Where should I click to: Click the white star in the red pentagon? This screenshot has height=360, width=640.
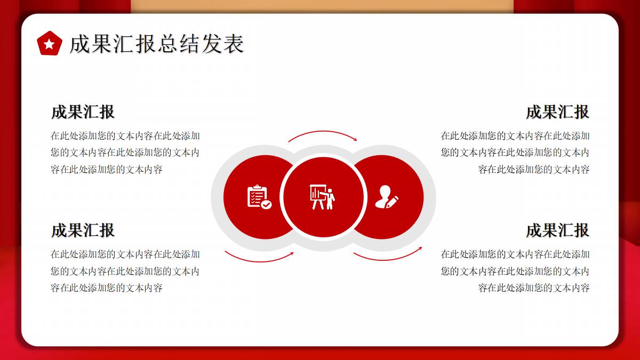[x=49, y=44]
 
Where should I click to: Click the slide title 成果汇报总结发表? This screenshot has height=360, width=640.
[x=157, y=44]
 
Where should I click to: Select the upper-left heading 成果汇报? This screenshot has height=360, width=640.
[x=83, y=111]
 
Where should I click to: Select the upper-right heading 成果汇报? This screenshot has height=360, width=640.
[x=557, y=111]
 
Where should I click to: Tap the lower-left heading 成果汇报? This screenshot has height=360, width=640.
[x=83, y=230]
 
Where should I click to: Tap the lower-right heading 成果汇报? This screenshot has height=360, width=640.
[x=557, y=230]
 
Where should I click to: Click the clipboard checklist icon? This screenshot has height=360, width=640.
[x=259, y=197]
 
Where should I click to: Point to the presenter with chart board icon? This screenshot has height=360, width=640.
[x=323, y=197]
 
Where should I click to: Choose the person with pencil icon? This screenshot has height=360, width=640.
[x=387, y=197]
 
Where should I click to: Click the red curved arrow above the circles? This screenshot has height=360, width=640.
[x=323, y=131]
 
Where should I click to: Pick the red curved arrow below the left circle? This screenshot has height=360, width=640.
[x=259, y=261]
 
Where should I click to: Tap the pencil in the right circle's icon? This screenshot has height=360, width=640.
[x=391, y=202]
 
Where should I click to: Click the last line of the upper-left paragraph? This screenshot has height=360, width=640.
[x=107, y=170]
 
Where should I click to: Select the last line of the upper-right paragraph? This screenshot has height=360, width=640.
[x=534, y=170]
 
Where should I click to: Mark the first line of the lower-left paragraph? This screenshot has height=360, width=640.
[x=125, y=254]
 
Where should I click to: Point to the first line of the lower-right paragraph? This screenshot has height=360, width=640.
[x=515, y=254]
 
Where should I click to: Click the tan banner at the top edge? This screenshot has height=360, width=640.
[x=322, y=6]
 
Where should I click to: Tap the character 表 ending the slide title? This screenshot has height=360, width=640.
[x=234, y=44]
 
